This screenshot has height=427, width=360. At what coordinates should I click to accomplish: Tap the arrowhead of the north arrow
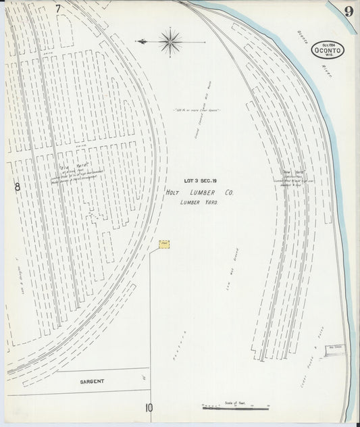click(138, 41)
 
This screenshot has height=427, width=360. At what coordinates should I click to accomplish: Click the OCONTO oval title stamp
click(328, 49)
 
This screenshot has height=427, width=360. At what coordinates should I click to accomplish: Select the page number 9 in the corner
click(348, 11)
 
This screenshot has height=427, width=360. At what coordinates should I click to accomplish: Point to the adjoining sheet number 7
click(59, 9)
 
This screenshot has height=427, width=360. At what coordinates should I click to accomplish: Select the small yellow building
click(163, 243)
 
